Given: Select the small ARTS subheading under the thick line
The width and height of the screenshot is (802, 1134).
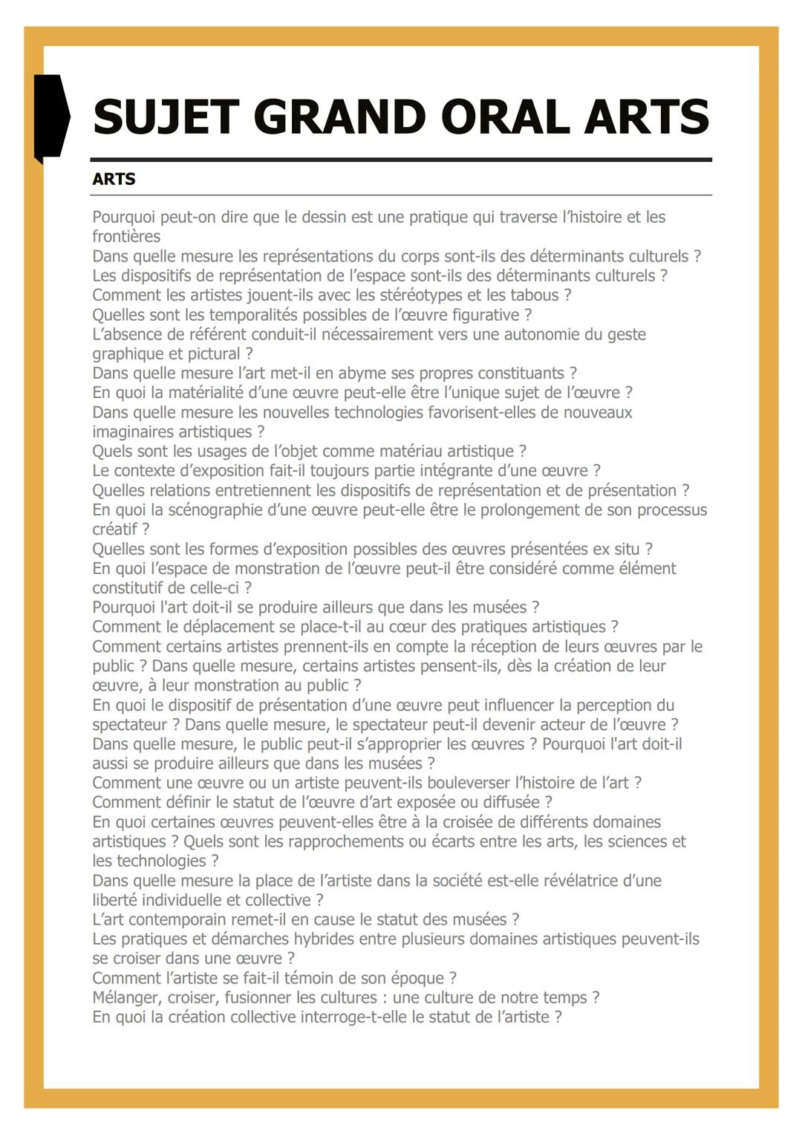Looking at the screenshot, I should [x=114, y=179].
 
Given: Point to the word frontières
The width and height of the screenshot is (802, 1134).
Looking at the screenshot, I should [x=126, y=237].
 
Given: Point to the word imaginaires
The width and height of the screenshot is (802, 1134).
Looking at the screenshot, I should [x=134, y=431].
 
